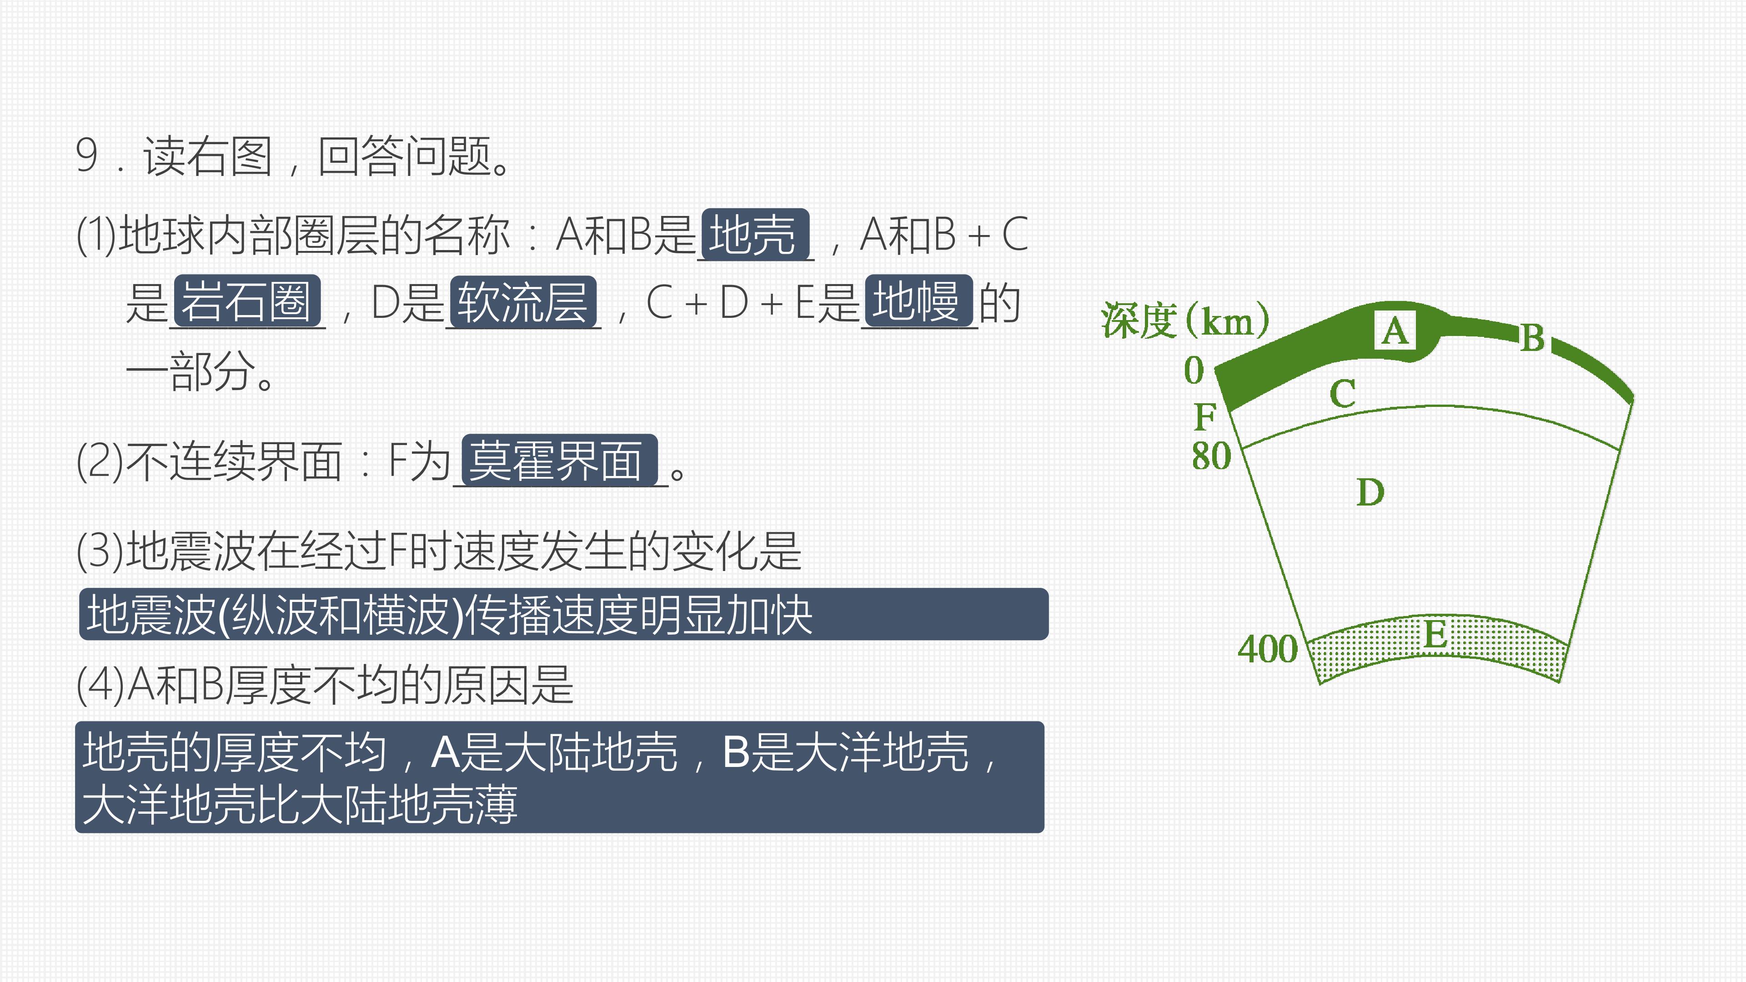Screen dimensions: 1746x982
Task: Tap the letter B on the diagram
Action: pyautogui.click(x=1532, y=337)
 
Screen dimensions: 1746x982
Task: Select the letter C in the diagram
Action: pyautogui.click(x=1343, y=394)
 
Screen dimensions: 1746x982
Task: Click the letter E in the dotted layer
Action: pyautogui.click(x=1435, y=635)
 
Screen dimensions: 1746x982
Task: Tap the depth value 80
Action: pyautogui.click(x=1211, y=456)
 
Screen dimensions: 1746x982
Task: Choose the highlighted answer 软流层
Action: pyautogui.click(x=523, y=302)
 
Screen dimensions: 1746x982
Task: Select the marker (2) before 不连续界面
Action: pyautogui.click(x=100, y=461)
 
